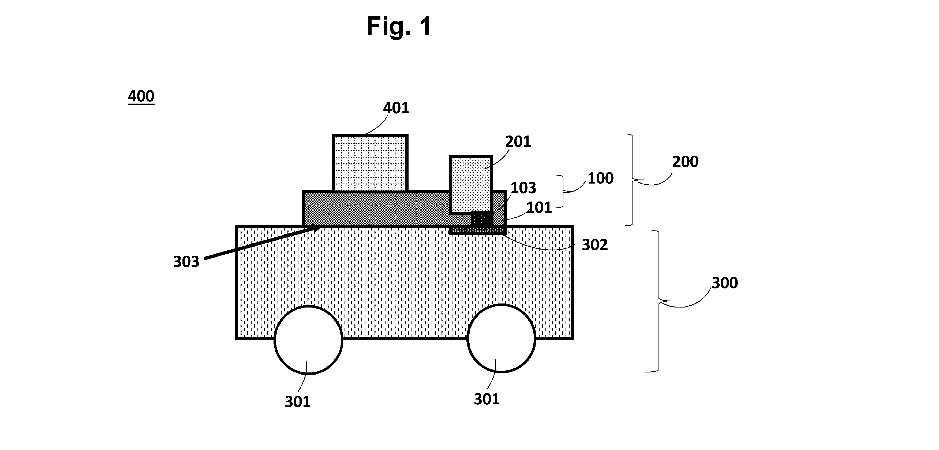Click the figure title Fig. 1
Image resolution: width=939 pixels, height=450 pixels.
[399, 26]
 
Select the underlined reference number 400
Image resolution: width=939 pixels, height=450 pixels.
[141, 96]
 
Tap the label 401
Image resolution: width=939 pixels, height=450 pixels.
[396, 108]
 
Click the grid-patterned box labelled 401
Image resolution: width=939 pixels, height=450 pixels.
[370, 163]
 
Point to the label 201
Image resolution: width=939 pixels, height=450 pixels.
[518, 142]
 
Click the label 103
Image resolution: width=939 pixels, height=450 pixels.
[523, 188]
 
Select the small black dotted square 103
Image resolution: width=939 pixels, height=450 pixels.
[482, 219]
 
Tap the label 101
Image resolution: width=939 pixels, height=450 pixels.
[539, 208]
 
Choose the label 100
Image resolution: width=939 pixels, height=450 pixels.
[600, 178]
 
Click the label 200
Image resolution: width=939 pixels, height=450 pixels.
[685, 162]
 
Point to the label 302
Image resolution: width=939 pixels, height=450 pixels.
[594, 245]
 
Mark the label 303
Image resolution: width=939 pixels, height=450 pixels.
[186, 262]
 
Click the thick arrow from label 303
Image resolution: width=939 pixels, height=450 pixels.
[262, 243]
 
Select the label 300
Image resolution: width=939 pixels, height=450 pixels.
[725, 283]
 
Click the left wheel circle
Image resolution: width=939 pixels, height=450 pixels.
[308, 340]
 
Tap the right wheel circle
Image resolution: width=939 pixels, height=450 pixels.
[501, 338]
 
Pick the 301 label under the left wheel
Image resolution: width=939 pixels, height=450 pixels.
[297, 402]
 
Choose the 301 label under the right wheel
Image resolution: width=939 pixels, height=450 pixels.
[487, 399]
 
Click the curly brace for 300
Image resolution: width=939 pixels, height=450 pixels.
[659, 301]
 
